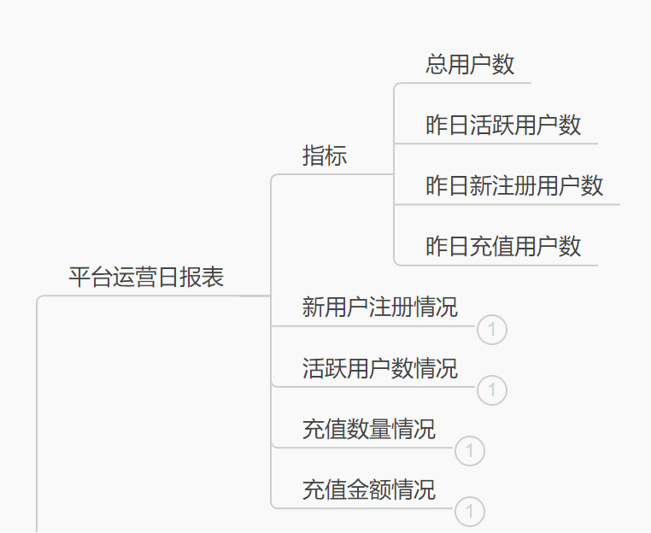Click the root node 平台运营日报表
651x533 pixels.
(146, 277)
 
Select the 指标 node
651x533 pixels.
(325, 155)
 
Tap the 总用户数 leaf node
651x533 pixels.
(470, 64)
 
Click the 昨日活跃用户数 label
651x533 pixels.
(503, 125)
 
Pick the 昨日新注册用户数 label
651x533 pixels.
(514, 185)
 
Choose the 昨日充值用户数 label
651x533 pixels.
(503, 246)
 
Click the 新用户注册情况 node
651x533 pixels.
(379, 307)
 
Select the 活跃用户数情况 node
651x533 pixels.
(379, 368)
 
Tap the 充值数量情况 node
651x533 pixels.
(368, 429)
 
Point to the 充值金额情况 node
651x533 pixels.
(368, 489)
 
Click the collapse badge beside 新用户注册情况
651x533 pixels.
(492, 330)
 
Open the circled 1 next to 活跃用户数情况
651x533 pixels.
(492, 390)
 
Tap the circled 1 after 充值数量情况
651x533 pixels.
(470, 451)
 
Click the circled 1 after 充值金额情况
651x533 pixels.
(470, 512)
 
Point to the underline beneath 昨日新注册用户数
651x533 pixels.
(513, 204)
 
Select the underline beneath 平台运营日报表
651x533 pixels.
(154, 296)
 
